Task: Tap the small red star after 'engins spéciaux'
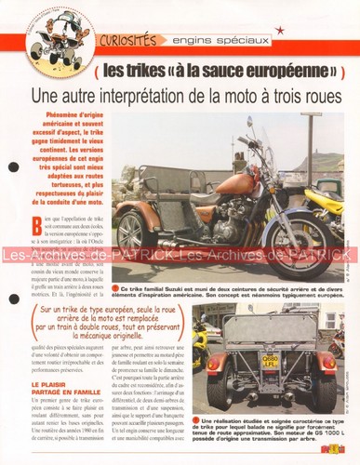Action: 280,31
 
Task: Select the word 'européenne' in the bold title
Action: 273,71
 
